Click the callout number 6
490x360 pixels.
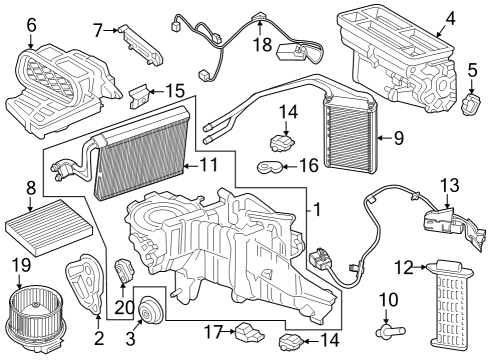tap(30, 24)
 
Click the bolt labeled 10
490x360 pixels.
tap(387, 331)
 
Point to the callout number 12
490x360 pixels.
tap(402, 266)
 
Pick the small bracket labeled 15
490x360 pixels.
tap(140, 96)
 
